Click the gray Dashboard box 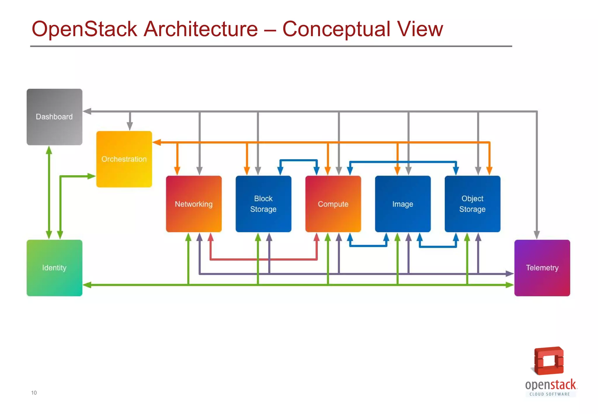54,117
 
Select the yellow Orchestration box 124,159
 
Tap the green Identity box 54,268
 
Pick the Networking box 194,204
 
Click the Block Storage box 263,204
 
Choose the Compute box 333,204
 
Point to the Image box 403,204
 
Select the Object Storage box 472,204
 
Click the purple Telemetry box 542,268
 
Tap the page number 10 34,393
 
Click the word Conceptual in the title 336,29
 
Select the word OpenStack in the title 84,29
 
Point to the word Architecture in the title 201,29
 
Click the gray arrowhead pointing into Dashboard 87,111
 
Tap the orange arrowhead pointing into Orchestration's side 157,142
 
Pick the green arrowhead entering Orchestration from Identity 92,176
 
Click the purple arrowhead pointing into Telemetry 510,274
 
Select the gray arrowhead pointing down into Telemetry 537,235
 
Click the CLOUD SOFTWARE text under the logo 550,394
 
